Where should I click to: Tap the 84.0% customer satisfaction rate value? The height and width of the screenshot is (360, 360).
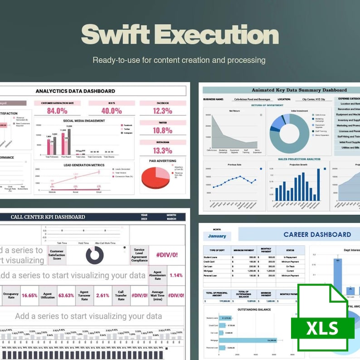coord(57,111)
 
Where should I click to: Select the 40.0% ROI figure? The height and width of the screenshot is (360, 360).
coord(111,111)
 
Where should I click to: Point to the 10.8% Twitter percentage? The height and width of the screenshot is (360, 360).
coord(162,131)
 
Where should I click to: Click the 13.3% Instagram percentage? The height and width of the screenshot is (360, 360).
coord(162,151)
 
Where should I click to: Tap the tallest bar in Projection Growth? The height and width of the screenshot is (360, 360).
coord(318,185)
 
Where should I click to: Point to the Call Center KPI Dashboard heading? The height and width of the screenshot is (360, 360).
coord(48,217)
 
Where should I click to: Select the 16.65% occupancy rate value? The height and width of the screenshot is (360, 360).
coord(29,295)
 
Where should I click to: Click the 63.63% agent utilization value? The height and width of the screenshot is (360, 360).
coord(66,295)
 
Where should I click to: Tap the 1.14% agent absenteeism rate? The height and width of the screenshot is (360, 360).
coord(176,275)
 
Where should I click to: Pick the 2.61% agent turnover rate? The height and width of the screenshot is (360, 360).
coord(103,295)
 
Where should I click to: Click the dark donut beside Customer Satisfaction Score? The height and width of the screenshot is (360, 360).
coord(95,255)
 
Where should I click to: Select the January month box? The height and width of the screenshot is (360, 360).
coord(217,236)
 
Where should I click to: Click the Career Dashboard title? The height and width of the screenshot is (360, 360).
coord(317,234)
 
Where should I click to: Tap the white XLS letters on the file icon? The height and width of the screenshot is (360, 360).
coord(322,328)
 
